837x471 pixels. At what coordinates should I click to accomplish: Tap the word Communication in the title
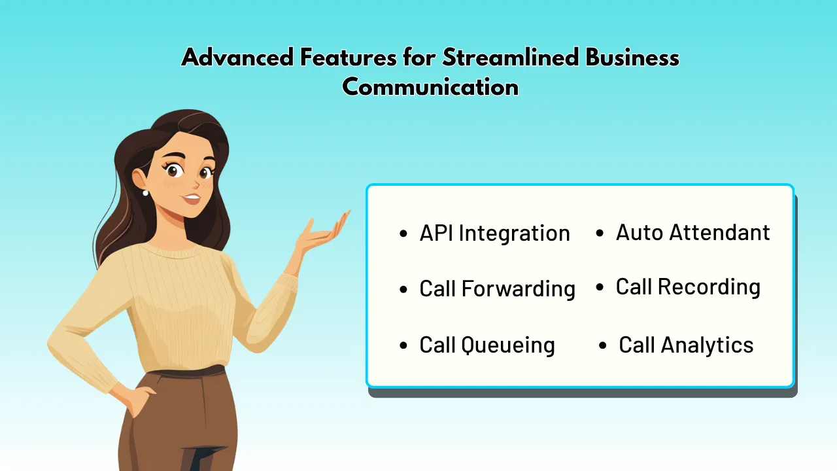coord(430,86)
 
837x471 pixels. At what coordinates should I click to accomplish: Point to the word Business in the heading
coord(632,58)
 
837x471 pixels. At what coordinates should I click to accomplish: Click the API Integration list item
coord(494,234)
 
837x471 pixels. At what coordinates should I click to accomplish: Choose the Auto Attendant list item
coord(692,232)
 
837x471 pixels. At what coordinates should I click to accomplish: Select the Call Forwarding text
coord(497,288)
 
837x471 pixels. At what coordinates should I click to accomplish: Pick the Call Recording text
coord(688,287)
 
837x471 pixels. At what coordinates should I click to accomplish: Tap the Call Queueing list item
coord(487,345)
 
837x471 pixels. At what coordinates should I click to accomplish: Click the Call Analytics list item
coord(686,345)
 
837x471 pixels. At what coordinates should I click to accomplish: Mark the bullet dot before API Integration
coord(403,234)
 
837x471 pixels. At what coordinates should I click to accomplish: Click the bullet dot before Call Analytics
coord(603,345)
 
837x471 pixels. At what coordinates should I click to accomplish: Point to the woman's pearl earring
coord(145,192)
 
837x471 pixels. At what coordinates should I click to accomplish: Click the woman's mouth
coord(191,198)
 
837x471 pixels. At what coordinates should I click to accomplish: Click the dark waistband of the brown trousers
coord(190,373)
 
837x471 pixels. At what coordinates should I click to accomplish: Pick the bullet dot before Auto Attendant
coord(600,233)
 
